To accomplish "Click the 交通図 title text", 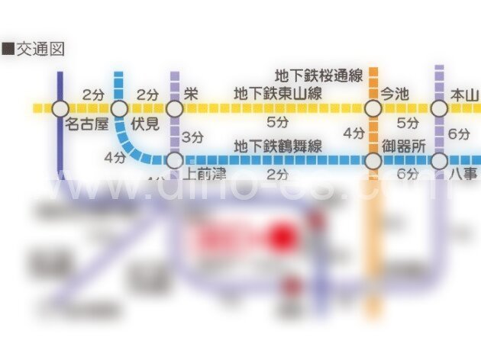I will coord(36,50).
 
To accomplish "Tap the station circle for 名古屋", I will coord(60,109).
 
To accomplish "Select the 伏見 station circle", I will coord(119,109).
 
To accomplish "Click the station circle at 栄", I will coord(175,109).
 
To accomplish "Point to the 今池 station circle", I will coord(373,109).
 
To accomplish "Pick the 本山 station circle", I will coord(439,109).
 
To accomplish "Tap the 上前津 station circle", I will coord(175,160).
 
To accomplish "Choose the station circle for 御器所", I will coord(373,161).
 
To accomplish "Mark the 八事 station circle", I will coord(439,161).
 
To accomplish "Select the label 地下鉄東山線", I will coord(277,95).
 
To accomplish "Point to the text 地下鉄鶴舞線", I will coord(277,145).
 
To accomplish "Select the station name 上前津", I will coord(205,174).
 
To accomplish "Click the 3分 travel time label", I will coord(192,137).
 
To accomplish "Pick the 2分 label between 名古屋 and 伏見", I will coord(92,95).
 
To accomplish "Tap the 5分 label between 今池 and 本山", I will coord(407,122).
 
